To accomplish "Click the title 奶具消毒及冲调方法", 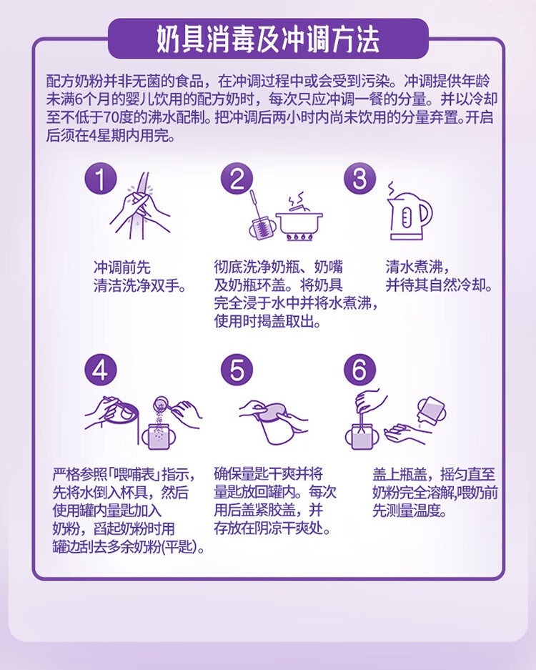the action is pos(268,40).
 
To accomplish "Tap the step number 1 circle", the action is pos(100,179).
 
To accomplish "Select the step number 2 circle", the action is pos(237,179).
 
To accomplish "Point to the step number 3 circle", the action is pos(359,179).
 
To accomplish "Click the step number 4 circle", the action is pos(100,370).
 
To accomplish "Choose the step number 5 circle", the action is pos(237,370).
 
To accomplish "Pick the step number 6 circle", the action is pos(359,370).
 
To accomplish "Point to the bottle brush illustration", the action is pos(259,217).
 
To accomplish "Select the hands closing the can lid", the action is pos(273,422).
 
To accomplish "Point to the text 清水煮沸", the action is pos(415,267).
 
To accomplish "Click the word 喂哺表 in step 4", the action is pos(133,474).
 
